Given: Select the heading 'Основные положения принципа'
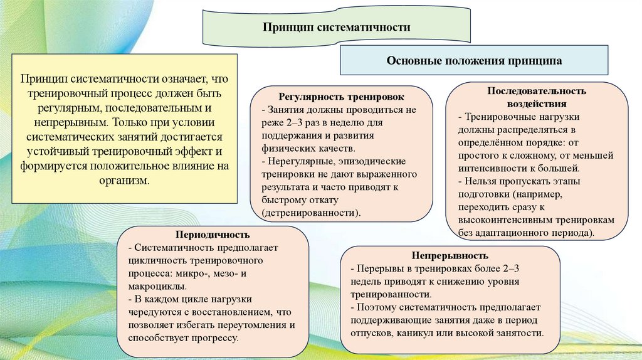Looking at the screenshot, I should [x=474, y=61].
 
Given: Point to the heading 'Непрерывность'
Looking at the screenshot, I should [x=450, y=257].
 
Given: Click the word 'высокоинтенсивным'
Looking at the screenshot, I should [x=507, y=220].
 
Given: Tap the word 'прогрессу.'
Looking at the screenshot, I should [x=215, y=337].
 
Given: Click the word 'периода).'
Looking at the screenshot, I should [x=572, y=232].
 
